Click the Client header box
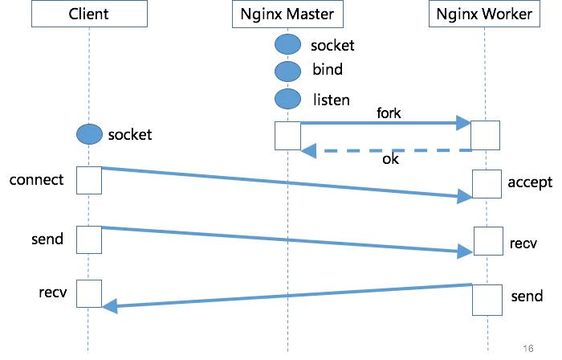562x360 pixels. (x=88, y=14)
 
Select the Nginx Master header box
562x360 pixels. (x=287, y=14)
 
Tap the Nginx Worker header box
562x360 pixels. (x=487, y=14)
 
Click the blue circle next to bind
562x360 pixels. (x=287, y=71)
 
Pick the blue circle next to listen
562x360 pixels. (x=287, y=100)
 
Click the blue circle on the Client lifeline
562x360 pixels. (x=89, y=134)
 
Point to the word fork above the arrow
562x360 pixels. (x=389, y=113)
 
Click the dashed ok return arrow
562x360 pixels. (x=385, y=150)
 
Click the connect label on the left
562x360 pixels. (x=36, y=179)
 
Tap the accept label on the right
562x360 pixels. (x=530, y=182)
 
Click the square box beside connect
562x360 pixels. (x=89, y=180)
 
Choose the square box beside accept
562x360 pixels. (x=487, y=184)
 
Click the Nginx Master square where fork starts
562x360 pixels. (x=287, y=136)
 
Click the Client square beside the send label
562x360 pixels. (x=89, y=239)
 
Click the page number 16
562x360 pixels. (x=527, y=348)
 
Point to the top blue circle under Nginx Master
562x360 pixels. (x=287, y=45)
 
